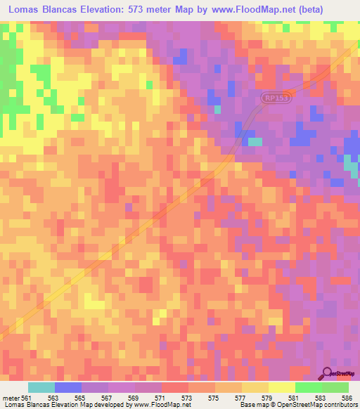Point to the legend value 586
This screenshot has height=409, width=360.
pos(347,397)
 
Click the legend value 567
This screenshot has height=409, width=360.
pos(107,397)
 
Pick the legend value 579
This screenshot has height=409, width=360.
pos(266,397)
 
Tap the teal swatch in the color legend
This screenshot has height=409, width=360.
pos(41,387)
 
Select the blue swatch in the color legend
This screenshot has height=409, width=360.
pos(68,387)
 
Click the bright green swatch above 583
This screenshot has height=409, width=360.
pos(308,387)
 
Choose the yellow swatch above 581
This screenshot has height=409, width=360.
pos(281,387)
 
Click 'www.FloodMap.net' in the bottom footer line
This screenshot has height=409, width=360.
pos(160,405)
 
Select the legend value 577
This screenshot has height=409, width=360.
pos(240,397)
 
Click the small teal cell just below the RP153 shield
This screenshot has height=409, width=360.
pos(255,141)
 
